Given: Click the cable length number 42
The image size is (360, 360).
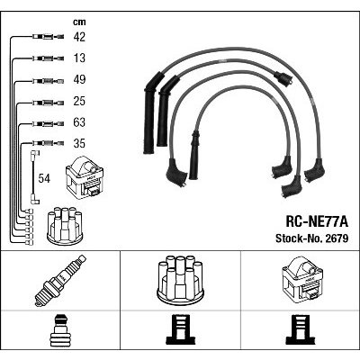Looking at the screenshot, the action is [79, 37].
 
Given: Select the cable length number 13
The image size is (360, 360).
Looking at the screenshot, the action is [79, 58].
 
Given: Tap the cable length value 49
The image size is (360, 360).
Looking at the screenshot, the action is [79, 79].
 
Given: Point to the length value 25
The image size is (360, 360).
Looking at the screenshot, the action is [79, 101].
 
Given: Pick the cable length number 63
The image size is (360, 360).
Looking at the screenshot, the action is [79, 122].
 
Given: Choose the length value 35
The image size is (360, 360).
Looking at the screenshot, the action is [79, 143].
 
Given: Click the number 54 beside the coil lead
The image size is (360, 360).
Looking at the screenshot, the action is [44, 178].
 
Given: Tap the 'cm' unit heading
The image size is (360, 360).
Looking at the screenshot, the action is [79, 22].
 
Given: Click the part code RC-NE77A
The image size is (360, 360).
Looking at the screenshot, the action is [317, 222].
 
